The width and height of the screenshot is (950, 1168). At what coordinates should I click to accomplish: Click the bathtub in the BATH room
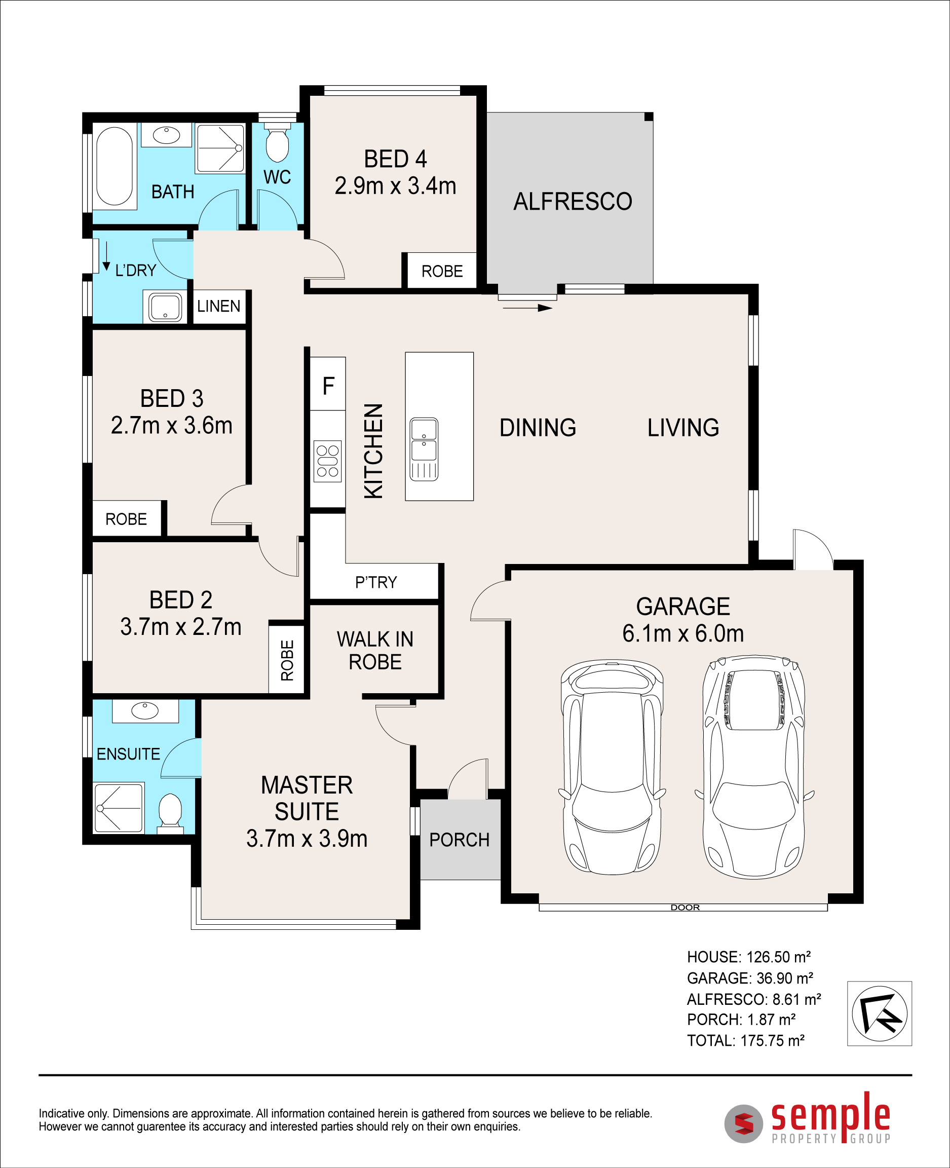point(115,166)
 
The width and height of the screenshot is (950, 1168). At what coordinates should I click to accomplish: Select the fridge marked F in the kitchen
point(328,384)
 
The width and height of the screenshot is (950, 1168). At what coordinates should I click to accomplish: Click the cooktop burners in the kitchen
point(327,461)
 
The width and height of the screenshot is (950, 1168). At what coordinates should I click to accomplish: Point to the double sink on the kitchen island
point(424,449)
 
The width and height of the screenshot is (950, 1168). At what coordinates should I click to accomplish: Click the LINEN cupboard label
point(219,306)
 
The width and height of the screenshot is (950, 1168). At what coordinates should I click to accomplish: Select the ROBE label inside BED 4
point(442,271)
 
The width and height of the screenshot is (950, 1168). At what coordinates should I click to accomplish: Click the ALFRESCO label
point(573,201)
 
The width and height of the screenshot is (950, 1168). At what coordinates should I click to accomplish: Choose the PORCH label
point(459,840)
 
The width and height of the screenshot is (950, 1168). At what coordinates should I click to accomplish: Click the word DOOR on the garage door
point(685,908)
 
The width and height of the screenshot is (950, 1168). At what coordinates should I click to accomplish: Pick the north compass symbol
point(880,1013)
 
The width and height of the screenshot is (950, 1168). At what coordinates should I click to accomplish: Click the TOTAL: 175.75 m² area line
point(745,1040)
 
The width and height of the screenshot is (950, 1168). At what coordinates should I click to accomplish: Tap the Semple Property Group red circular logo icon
point(744,1124)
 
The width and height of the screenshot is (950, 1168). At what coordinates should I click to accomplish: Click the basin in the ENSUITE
point(145,710)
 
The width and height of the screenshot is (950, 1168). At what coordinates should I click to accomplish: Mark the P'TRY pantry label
point(376,582)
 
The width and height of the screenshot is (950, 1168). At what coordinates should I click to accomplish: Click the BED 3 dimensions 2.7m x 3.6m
point(172,425)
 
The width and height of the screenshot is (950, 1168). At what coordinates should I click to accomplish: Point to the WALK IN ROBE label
point(375,650)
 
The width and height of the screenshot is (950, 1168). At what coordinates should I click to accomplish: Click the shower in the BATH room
point(220,148)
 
